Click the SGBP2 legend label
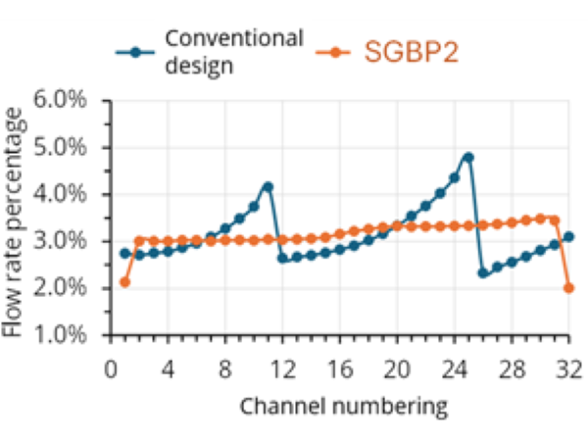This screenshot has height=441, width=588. (411, 52)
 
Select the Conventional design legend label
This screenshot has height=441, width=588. (233, 52)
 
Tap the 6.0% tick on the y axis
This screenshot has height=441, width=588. (61, 101)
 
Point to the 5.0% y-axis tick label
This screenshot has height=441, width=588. (61, 148)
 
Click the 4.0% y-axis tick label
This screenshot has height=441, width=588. (61, 195)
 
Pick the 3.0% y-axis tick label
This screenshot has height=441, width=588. (61, 242)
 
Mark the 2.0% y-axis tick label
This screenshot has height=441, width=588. (61, 288)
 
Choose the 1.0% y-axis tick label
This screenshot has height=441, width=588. (61, 335)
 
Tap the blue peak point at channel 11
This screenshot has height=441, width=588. (268, 186)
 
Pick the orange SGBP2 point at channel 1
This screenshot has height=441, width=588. (124, 282)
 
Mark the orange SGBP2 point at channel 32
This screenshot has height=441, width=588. (568, 287)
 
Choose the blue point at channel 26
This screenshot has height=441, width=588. (483, 273)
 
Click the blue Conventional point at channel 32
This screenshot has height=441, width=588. (568, 237)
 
